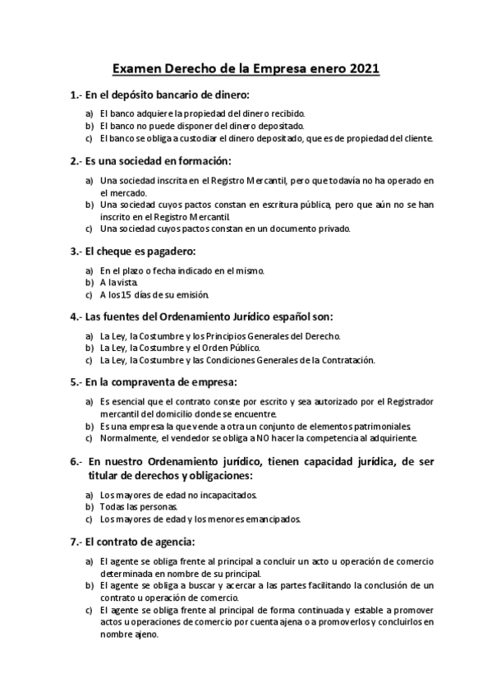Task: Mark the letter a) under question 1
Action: pos(89,113)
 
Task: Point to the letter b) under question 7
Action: pos(89,584)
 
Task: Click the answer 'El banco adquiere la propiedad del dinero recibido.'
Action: pos(202,113)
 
